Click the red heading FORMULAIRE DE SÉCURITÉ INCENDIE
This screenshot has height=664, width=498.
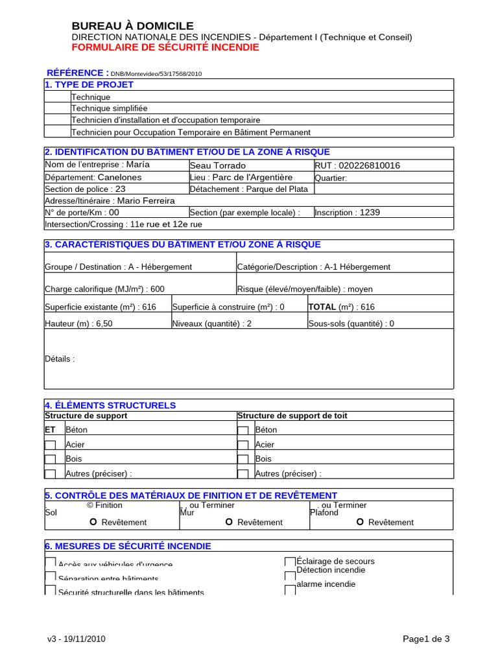point(165,47)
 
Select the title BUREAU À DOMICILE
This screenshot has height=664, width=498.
point(132,26)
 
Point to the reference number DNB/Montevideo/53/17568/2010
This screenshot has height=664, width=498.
point(156,74)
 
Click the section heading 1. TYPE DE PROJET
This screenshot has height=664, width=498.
point(89,85)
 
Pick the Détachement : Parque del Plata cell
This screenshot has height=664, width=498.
point(249,189)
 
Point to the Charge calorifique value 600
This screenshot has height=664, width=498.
point(158,289)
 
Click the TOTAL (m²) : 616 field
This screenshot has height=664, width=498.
point(341,307)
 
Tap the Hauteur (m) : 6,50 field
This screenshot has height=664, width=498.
point(78,324)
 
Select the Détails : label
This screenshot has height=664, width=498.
point(60,359)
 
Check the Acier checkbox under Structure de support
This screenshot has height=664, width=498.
point(50,445)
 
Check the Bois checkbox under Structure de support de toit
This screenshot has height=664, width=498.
point(243,459)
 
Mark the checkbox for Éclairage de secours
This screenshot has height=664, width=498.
point(290,562)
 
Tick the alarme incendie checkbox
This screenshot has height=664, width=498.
point(290,587)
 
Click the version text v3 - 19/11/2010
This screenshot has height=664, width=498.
point(77,639)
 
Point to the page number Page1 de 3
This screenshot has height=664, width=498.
point(426,639)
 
